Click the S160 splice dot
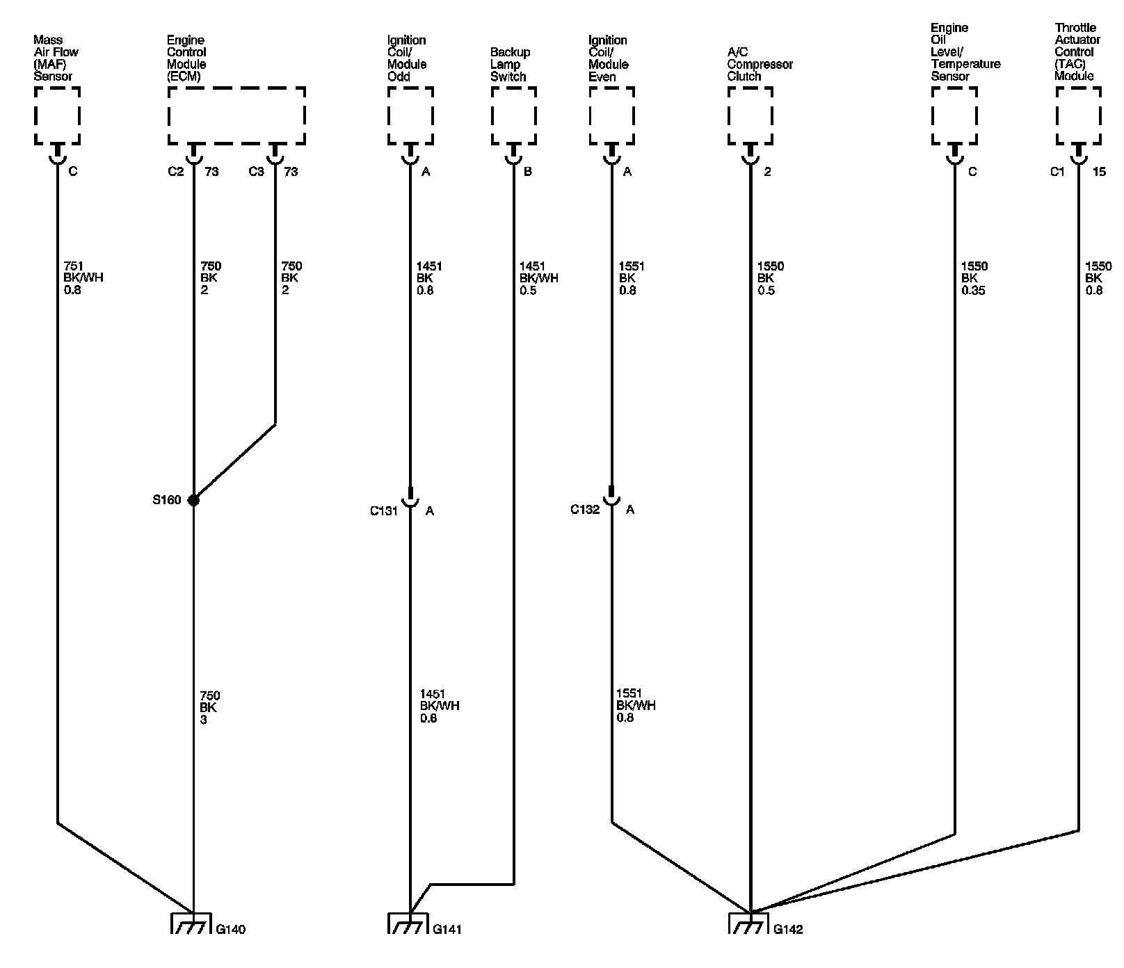point(193,500)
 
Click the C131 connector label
point(383,511)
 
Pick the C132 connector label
point(585,510)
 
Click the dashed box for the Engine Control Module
point(236,115)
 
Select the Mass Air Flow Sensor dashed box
point(57,115)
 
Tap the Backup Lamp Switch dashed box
point(514,115)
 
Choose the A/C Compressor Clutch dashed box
point(750,115)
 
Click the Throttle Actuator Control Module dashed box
point(1078,115)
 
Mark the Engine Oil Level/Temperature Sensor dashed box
point(954,115)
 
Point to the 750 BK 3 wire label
point(209,707)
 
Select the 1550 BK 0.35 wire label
point(974,278)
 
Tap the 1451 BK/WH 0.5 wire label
point(538,278)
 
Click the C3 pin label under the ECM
point(257,171)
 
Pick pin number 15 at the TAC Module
point(1099,171)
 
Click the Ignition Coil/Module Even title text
point(608,58)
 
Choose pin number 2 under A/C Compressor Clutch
point(767,171)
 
